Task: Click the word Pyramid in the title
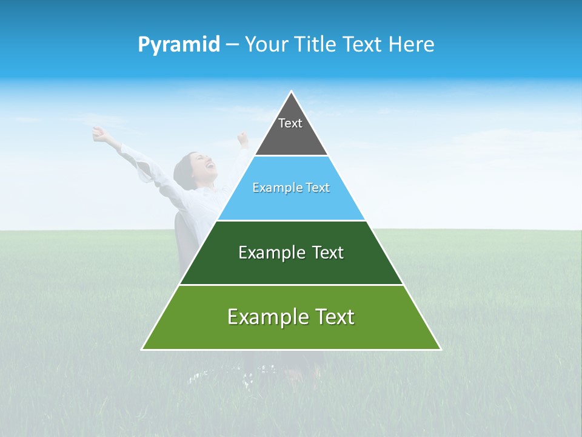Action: pos(178,45)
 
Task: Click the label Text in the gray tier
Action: pos(290,123)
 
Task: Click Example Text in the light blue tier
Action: pos(291,188)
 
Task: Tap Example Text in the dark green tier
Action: pos(291,252)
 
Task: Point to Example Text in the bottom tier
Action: pos(291,317)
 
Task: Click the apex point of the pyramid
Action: pos(292,92)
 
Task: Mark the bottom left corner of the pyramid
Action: pos(142,349)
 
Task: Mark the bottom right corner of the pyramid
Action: pos(440,349)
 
